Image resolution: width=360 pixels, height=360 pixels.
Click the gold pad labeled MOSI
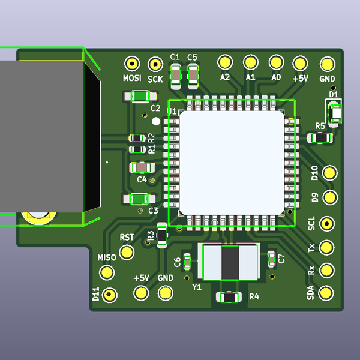[131, 63]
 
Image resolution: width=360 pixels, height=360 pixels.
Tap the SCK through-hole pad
[155, 64]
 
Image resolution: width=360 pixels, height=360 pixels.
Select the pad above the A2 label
[225, 62]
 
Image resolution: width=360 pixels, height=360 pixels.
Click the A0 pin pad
[276, 62]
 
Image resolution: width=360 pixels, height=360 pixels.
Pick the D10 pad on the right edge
[329, 173]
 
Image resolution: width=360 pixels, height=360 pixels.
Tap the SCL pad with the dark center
[327, 223]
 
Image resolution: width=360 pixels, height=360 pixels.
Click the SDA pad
[326, 293]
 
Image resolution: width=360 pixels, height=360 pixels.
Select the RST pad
[127, 252]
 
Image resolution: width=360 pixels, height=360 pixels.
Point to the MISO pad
[107, 272]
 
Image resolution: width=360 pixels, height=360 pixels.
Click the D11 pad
[109, 295]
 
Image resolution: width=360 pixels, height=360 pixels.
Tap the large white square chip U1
[231, 162]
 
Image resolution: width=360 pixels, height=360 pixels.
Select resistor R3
[162, 236]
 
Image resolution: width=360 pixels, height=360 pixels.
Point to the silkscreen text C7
[282, 259]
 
